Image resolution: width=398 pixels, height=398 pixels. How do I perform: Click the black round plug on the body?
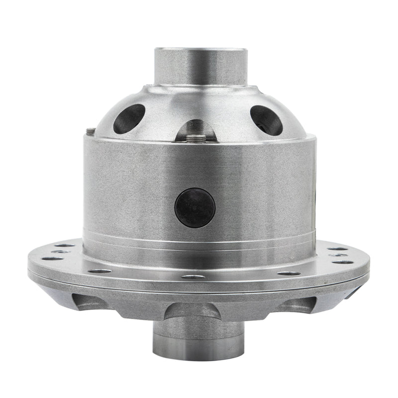pyautogui.click(x=195, y=207)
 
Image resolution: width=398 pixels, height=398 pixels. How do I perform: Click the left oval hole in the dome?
pyautogui.click(x=129, y=118)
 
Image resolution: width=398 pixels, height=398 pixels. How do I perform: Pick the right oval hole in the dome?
pyautogui.click(x=266, y=120)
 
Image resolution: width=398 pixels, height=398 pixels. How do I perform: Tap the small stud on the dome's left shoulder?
pyautogui.click(x=91, y=131)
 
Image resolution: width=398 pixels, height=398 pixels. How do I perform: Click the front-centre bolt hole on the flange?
pyautogui.click(x=193, y=277)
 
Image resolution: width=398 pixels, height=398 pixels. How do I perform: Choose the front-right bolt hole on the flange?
pyautogui.click(x=289, y=273)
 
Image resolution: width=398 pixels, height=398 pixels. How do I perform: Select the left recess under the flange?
pyautogui.click(x=89, y=301)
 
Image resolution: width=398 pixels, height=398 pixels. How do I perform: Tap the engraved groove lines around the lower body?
pyautogui.click(x=199, y=238)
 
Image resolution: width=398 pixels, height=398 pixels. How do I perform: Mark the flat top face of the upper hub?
pyautogui.click(x=200, y=50)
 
